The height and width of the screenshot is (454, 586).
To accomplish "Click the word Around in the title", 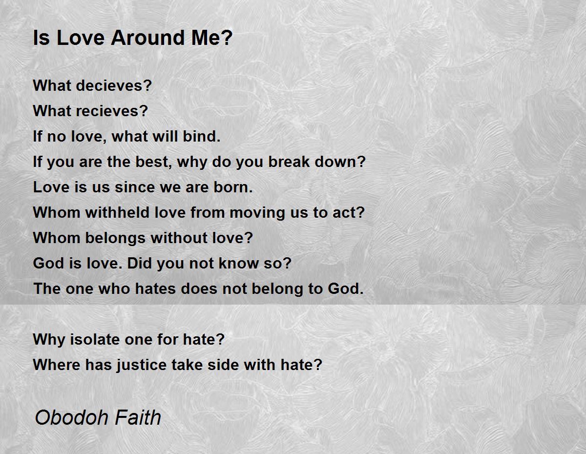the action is tap(148, 38).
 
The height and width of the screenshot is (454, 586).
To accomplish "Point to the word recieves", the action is tap(112, 111).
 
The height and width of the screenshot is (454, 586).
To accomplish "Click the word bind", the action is tap(202, 136).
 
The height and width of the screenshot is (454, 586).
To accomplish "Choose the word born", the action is tap(233, 187).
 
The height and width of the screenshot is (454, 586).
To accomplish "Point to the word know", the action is tap(238, 263).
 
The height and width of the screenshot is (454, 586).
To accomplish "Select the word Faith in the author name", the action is tap(138, 417).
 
